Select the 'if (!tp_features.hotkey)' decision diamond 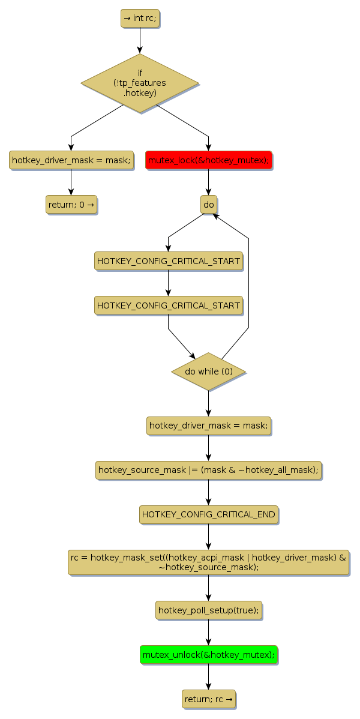tap(140, 83)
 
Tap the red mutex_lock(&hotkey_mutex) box tap(208, 160)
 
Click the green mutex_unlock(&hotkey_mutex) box tap(208, 655)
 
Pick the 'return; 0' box tap(71, 205)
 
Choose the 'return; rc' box tap(208, 699)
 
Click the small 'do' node tap(208, 205)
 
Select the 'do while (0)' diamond tap(208, 372)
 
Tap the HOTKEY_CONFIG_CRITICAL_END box tap(208, 514)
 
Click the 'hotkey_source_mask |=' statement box tap(208, 470)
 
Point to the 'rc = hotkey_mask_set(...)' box tap(208, 562)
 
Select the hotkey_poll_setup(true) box tap(208, 610)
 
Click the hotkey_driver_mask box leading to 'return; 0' tap(71, 160)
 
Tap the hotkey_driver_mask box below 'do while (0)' tap(208, 426)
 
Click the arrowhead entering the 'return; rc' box tap(208, 686)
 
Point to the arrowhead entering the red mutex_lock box tap(208, 147)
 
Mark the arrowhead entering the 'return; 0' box tap(71, 191)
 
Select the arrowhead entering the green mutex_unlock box tap(208, 642)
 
